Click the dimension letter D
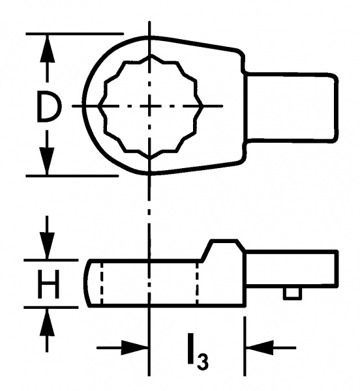click(x=48, y=106)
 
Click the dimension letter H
click(x=48, y=284)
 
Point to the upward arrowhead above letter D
click(x=47, y=48)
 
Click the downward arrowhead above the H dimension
click(x=47, y=246)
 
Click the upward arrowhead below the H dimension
click(x=47, y=322)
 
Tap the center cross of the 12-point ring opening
click(x=149, y=106)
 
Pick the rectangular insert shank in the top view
click(x=292, y=108)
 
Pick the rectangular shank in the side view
click(x=292, y=270)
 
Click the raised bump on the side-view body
click(x=223, y=250)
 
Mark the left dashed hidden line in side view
click(x=101, y=283)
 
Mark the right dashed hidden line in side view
click(x=197, y=283)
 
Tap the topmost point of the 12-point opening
click(x=149, y=56)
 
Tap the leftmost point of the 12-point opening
click(x=98, y=106)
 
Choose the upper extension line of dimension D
click(x=74, y=33)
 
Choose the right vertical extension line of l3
click(x=245, y=346)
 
